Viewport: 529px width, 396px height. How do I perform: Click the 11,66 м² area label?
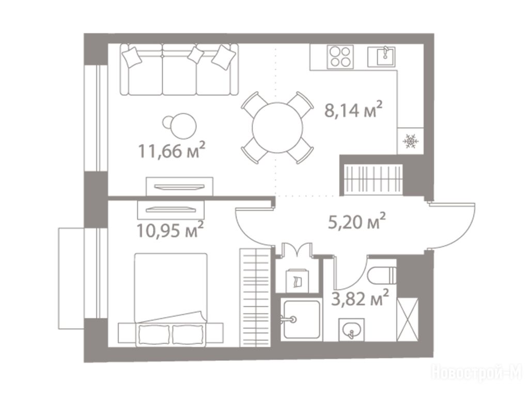coord(172,150)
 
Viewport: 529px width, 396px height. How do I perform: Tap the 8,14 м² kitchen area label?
coord(353,110)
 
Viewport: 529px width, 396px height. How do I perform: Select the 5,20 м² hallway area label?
coord(357,221)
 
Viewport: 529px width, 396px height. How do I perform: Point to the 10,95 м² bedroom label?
coord(170,229)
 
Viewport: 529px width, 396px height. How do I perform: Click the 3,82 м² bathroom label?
coord(360,298)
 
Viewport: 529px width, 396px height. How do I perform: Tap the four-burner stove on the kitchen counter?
coord(340,57)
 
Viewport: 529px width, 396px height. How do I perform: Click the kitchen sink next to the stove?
coord(382,57)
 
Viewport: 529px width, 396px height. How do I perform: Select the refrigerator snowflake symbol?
coord(411,141)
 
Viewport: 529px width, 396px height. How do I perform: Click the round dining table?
coord(277,128)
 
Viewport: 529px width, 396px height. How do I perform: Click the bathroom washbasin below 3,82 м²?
coord(351,329)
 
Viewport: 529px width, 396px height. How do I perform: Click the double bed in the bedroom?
coord(170,300)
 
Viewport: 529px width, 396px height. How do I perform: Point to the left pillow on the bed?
coord(153,334)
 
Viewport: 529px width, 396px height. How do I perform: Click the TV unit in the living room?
coord(179,186)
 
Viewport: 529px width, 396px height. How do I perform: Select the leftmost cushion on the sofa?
coord(132,57)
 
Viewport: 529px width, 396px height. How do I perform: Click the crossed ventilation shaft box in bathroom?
coord(408,319)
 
